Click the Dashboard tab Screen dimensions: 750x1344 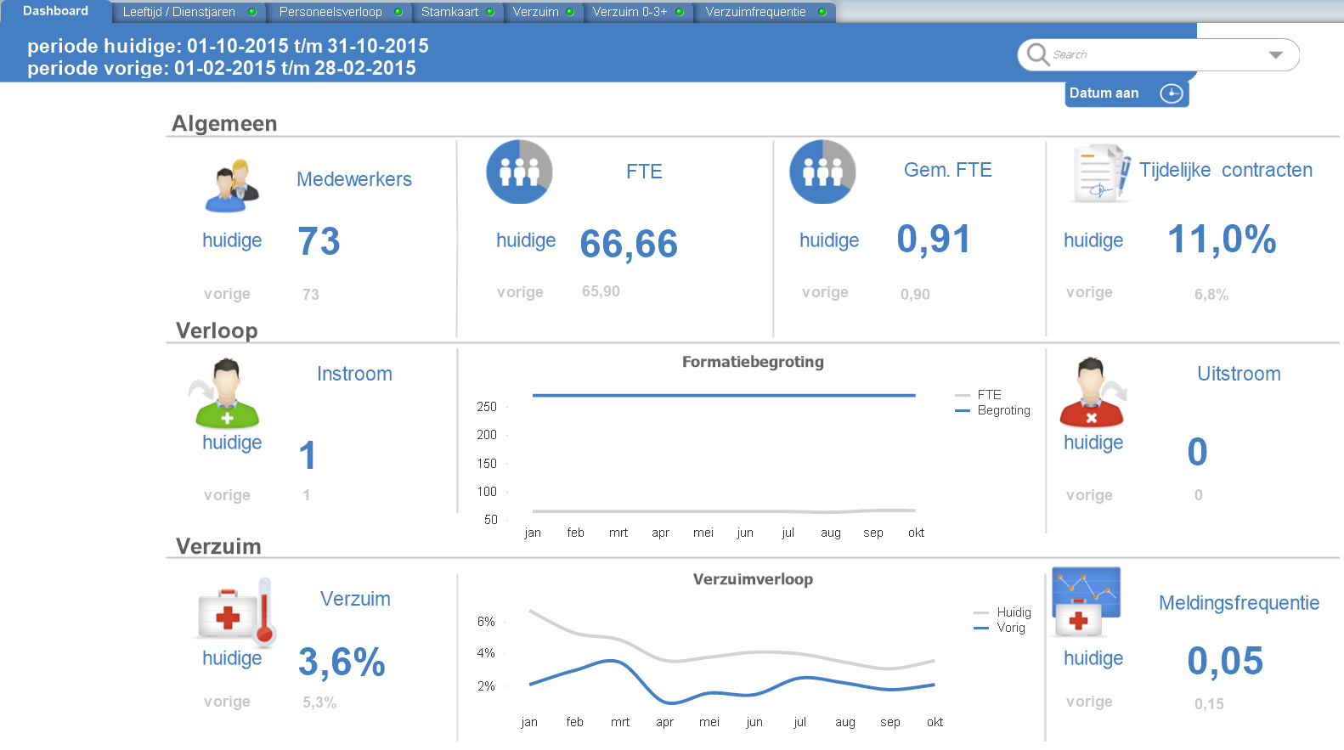point(55,11)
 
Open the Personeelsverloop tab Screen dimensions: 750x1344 point(330,12)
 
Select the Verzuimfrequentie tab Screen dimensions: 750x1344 point(755,12)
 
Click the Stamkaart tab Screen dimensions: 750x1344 point(449,12)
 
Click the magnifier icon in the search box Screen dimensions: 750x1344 point(1037,54)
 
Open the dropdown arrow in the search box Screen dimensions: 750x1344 point(1275,54)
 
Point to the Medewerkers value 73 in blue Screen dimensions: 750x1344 point(319,241)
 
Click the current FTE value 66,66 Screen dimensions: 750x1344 point(628,245)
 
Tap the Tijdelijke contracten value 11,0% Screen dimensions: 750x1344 point(1221,240)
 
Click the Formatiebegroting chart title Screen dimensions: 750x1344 point(753,362)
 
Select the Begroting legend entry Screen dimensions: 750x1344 point(1002,410)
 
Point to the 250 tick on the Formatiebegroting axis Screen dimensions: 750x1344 point(487,407)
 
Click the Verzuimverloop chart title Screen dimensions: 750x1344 point(753,579)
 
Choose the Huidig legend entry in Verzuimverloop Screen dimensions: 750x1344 point(1013,612)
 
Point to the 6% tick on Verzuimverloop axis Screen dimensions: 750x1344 point(486,622)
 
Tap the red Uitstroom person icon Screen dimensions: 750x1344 point(1092,394)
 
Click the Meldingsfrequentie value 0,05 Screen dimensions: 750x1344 point(1224,662)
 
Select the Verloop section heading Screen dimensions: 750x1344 point(217,330)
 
